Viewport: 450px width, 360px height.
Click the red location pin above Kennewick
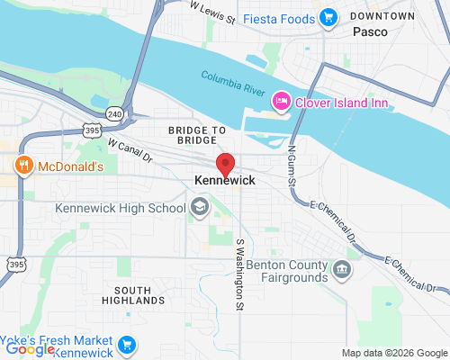226,165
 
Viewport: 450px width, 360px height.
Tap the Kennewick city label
225,181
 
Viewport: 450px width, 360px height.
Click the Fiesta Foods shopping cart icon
328,17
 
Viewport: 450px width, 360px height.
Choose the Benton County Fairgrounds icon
342,269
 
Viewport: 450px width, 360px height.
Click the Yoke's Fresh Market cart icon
127,343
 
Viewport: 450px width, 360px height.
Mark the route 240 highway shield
114,114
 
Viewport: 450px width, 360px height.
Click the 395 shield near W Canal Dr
92,130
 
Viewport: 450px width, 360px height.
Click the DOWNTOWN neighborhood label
382,16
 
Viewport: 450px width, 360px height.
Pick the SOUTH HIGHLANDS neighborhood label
132,295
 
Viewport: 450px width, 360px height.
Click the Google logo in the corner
30,349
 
